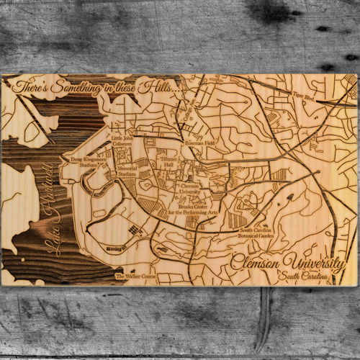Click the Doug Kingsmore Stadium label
[80, 161]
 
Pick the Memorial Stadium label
[127, 171]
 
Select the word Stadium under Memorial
[127, 174]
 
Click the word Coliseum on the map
[122, 142]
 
